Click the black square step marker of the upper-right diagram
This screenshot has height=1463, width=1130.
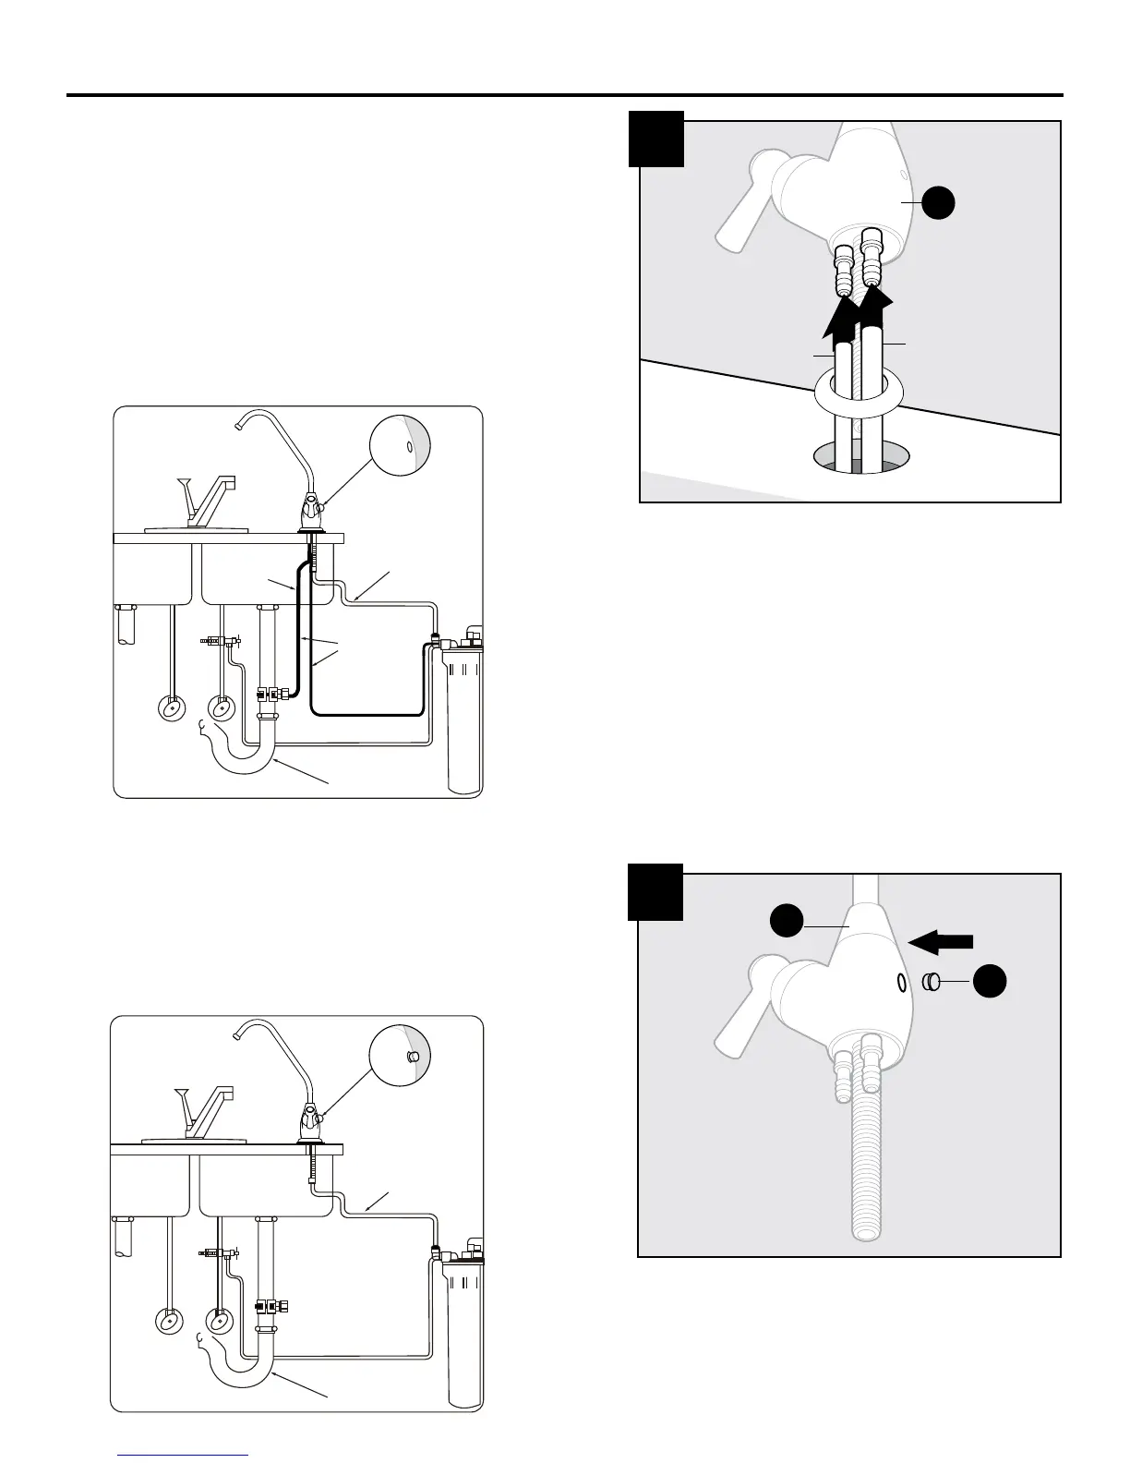pos(656,139)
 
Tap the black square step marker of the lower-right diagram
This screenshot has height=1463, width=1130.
pos(655,892)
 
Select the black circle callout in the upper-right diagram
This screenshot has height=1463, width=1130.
pos(938,203)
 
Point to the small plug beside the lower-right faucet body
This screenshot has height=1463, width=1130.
pos(931,981)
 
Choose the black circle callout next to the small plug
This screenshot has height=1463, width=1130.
pos(991,981)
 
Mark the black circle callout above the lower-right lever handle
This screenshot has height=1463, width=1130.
pos(787,920)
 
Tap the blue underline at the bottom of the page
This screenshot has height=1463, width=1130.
pos(184,1455)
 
